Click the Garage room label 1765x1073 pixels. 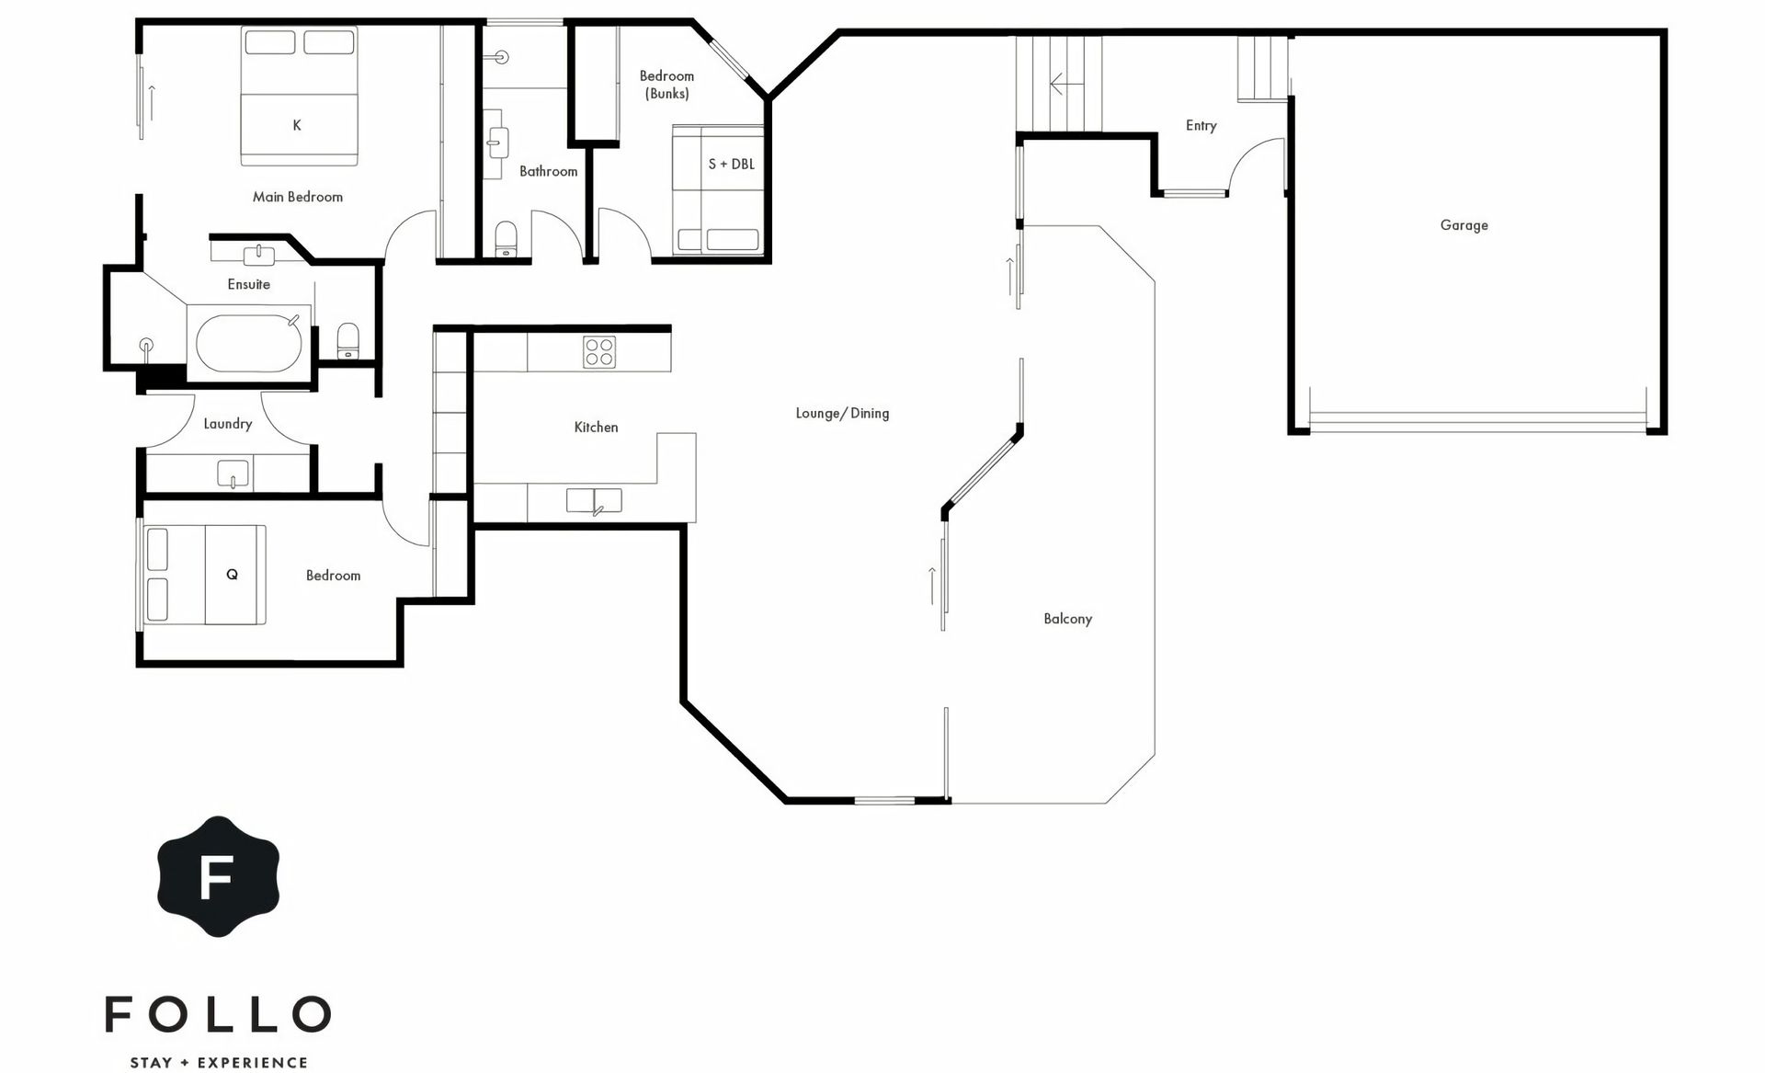click(1463, 225)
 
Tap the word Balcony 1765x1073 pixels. click(1067, 619)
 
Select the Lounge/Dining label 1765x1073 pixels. click(842, 413)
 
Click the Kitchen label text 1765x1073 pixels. click(596, 427)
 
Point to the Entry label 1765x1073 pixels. click(1201, 126)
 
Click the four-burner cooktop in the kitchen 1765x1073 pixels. click(599, 352)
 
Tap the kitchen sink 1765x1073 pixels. click(594, 501)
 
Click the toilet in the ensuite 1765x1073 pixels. click(348, 340)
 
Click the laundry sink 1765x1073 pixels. click(233, 474)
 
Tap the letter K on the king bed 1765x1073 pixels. click(297, 125)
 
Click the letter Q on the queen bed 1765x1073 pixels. click(232, 575)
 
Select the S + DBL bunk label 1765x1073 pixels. click(731, 164)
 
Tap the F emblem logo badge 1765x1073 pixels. click(218, 875)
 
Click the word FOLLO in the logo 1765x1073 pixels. click(218, 1014)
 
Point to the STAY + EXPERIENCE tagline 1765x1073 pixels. click(219, 1063)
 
